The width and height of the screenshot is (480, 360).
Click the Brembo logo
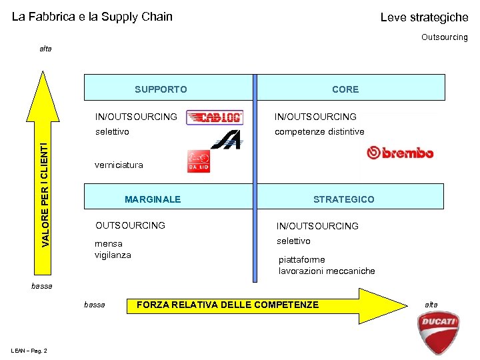pos(400,153)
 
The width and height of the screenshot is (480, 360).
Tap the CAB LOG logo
pos(215,118)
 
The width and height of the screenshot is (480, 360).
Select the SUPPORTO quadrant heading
pos(161,89)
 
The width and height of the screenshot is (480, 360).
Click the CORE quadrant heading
pos(345,89)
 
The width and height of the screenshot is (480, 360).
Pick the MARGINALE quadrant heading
pos(153,199)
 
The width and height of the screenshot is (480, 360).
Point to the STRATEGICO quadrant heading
pos(344,199)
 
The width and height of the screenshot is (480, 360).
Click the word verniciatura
pos(119,165)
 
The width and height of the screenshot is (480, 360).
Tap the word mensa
pos(109,243)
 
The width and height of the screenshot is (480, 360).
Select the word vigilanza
pos(113,255)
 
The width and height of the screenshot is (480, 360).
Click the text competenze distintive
pos(319,132)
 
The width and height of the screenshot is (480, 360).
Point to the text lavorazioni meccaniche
pos(327,271)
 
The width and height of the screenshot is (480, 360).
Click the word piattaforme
pos(302,259)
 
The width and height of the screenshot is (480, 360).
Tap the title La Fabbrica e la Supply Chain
pos(92,17)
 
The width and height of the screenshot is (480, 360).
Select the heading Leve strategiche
pos(424,17)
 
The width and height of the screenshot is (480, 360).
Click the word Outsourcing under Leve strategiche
pos(445,37)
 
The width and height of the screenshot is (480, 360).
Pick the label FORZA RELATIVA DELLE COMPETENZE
pos(227,305)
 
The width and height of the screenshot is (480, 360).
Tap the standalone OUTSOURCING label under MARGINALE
pos(131,225)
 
